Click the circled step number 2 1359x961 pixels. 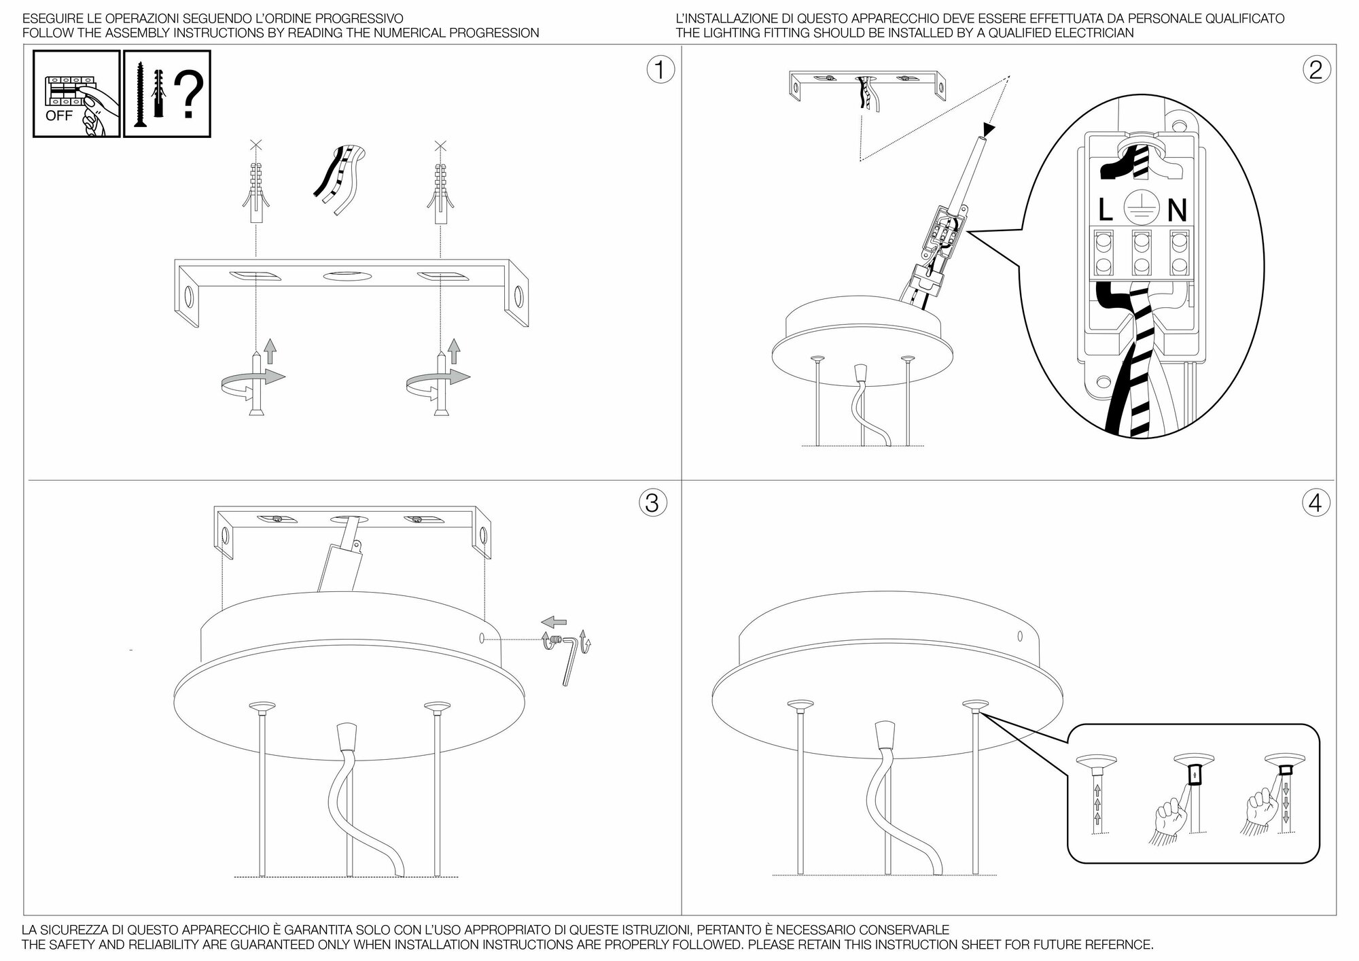point(1316,70)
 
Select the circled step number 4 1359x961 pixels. point(1316,503)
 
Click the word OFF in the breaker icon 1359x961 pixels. point(58,116)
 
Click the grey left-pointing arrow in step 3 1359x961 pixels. point(554,621)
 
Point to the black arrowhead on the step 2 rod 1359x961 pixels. point(988,129)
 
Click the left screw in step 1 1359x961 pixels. point(256,384)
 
